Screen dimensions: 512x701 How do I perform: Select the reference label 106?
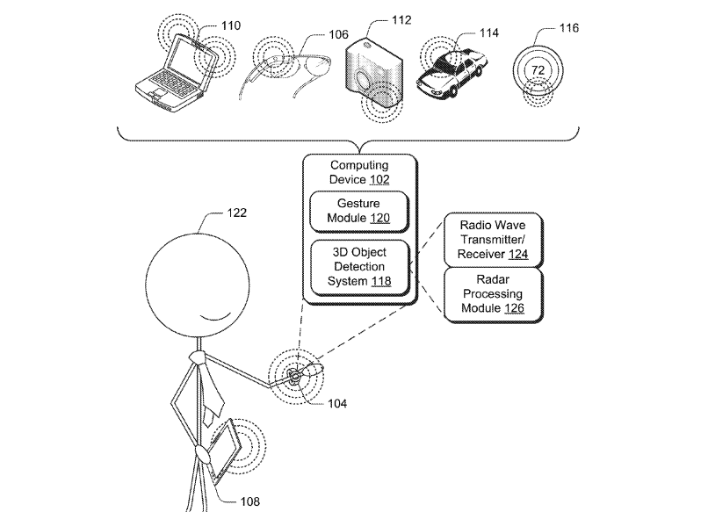(314, 35)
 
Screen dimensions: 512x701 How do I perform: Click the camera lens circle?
(366, 84)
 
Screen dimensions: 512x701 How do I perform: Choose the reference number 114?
(488, 32)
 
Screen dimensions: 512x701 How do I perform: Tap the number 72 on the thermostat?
(538, 69)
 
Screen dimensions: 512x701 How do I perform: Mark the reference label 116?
(568, 28)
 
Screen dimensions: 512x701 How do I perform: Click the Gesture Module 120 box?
(358, 212)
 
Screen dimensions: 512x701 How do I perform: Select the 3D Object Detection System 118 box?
(358, 266)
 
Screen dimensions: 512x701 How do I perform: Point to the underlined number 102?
(380, 179)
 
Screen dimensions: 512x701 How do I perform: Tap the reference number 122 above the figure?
(236, 212)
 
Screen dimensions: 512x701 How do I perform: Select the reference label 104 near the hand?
(336, 404)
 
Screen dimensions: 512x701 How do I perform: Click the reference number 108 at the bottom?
(249, 501)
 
